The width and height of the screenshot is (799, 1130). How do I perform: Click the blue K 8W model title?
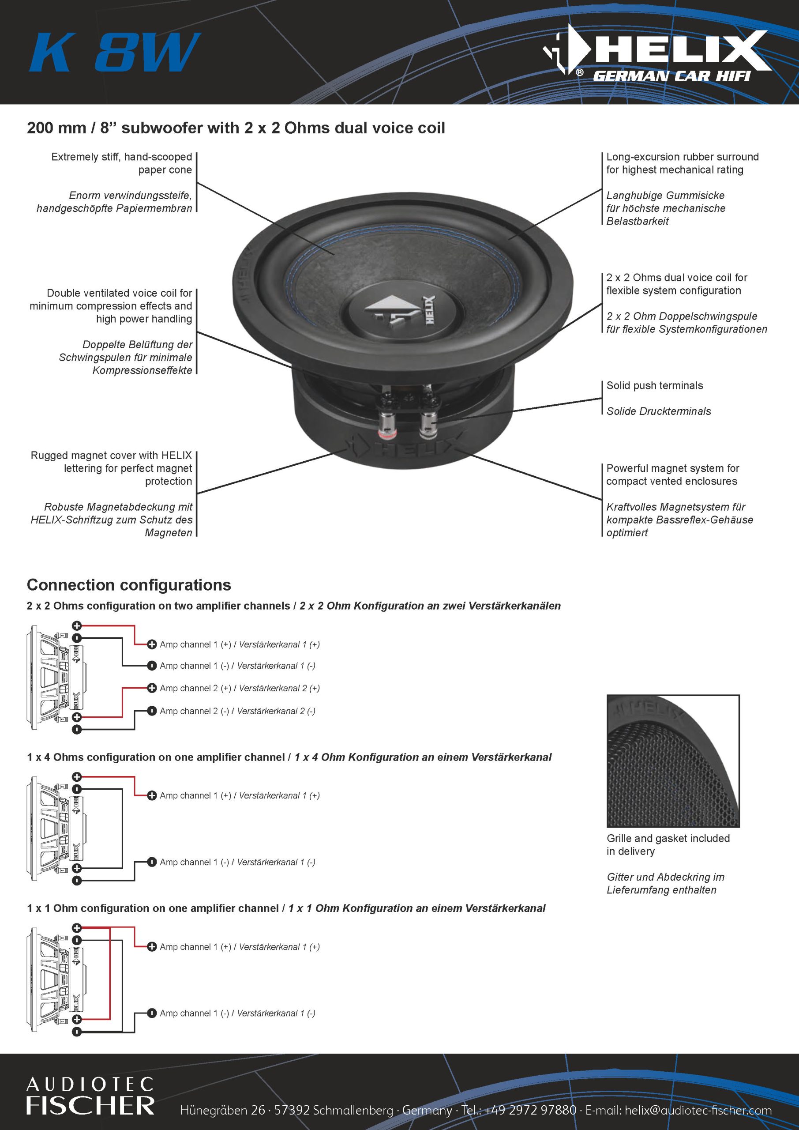coord(114,52)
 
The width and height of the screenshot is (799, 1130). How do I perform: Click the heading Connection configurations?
coord(129,585)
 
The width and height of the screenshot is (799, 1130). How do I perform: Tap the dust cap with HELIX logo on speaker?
coord(392,311)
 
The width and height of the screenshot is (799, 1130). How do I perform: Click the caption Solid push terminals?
coord(654,385)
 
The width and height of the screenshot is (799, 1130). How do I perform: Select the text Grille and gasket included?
coord(668,838)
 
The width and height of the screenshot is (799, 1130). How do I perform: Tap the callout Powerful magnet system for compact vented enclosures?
coord(672,475)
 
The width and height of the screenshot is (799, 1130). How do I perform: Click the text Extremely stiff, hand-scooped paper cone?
coord(121,163)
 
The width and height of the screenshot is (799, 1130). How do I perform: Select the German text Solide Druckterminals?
coord(658,411)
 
